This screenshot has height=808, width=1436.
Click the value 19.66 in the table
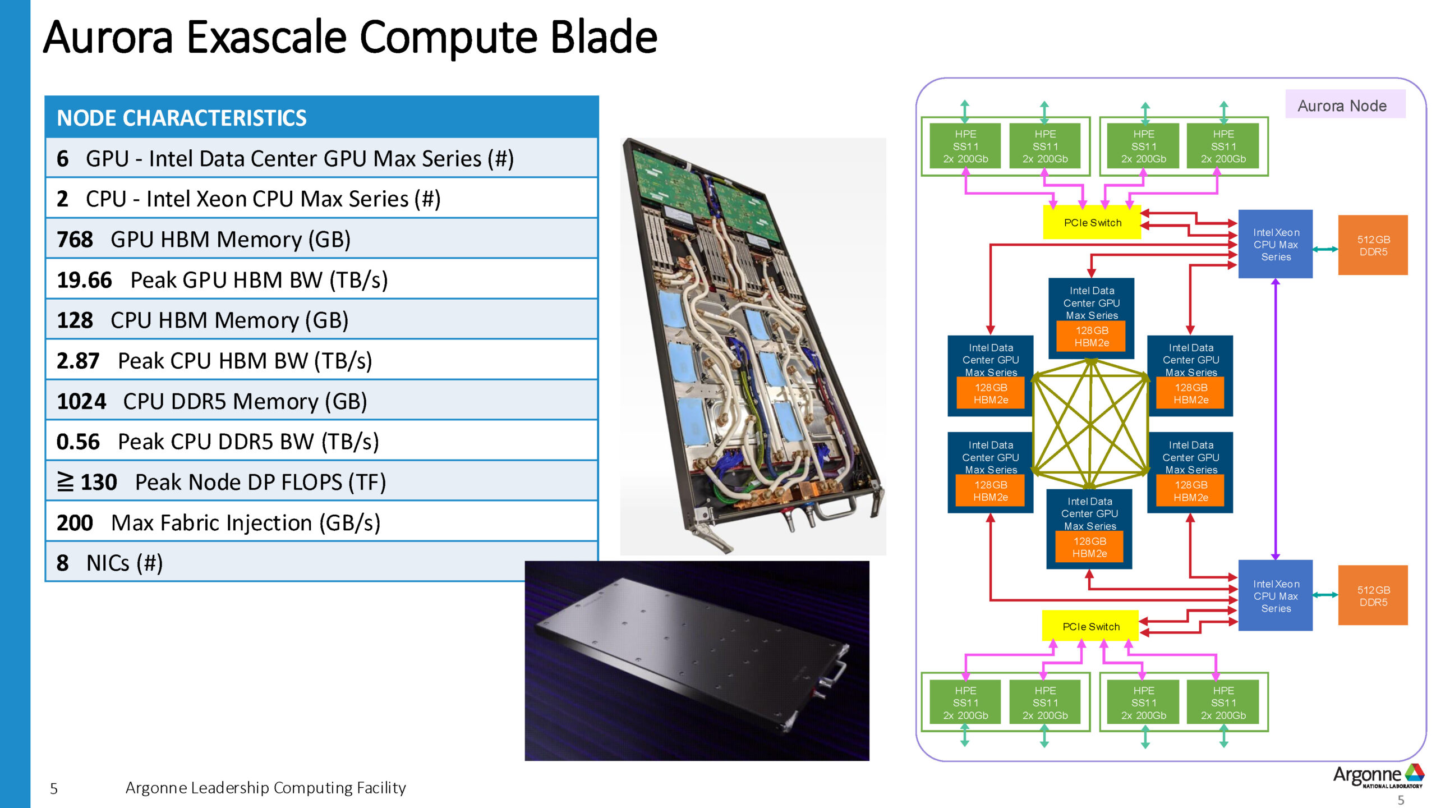(x=84, y=280)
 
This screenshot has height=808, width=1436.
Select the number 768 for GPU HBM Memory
(x=75, y=240)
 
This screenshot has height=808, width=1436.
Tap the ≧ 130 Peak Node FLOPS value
(x=88, y=482)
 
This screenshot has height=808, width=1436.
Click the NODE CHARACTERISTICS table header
(x=182, y=118)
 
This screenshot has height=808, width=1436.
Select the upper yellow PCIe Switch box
(x=1092, y=223)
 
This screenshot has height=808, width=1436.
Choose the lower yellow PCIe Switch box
(x=1090, y=626)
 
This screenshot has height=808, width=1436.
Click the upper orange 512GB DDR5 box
(x=1373, y=245)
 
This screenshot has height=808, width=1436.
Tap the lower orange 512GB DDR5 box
(x=1373, y=595)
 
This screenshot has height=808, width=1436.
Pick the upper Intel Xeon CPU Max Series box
(x=1275, y=245)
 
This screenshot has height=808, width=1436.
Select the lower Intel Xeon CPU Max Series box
(x=1275, y=596)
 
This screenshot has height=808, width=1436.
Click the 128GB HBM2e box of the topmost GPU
(x=1091, y=337)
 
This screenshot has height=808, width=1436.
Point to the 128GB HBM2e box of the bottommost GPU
(x=1089, y=548)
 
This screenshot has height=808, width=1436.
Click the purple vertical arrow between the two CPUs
(x=1276, y=421)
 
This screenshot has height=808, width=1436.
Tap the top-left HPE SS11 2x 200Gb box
(x=965, y=146)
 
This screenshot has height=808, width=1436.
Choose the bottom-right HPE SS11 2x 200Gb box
(x=1223, y=703)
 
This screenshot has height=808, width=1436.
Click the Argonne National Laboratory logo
(x=1378, y=777)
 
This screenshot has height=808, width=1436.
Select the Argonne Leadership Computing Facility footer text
(x=265, y=788)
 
